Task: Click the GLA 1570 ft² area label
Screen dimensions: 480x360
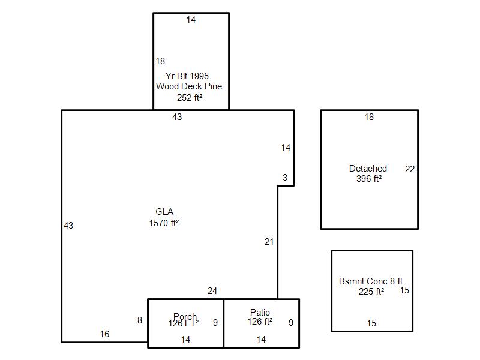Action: (x=164, y=217)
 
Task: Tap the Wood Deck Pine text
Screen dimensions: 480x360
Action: (x=189, y=86)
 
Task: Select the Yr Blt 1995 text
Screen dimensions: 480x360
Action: (x=187, y=76)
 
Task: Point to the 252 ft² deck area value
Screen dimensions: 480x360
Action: (x=190, y=97)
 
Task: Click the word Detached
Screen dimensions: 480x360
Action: (x=368, y=169)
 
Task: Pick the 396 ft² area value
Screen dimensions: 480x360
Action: (x=369, y=178)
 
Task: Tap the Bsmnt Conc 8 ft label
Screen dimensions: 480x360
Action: (x=371, y=281)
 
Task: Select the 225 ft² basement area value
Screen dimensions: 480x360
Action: (x=371, y=291)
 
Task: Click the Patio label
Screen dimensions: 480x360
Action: (x=260, y=312)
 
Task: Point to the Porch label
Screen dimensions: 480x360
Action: (x=185, y=316)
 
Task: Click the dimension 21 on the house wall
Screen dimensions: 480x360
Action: (x=269, y=242)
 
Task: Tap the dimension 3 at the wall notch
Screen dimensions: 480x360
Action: (x=285, y=177)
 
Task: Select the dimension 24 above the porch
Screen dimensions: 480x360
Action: (x=212, y=291)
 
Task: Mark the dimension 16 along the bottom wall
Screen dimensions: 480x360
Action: (x=104, y=334)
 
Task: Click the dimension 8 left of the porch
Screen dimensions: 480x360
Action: (x=140, y=320)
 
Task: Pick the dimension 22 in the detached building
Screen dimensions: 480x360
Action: (x=410, y=169)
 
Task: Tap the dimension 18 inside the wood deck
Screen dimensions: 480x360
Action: (x=160, y=61)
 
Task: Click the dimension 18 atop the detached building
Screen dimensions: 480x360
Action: (x=369, y=117)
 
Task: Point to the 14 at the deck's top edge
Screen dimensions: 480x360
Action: (x=191, y=20)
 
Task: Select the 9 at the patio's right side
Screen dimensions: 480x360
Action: (x=291, y=323)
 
